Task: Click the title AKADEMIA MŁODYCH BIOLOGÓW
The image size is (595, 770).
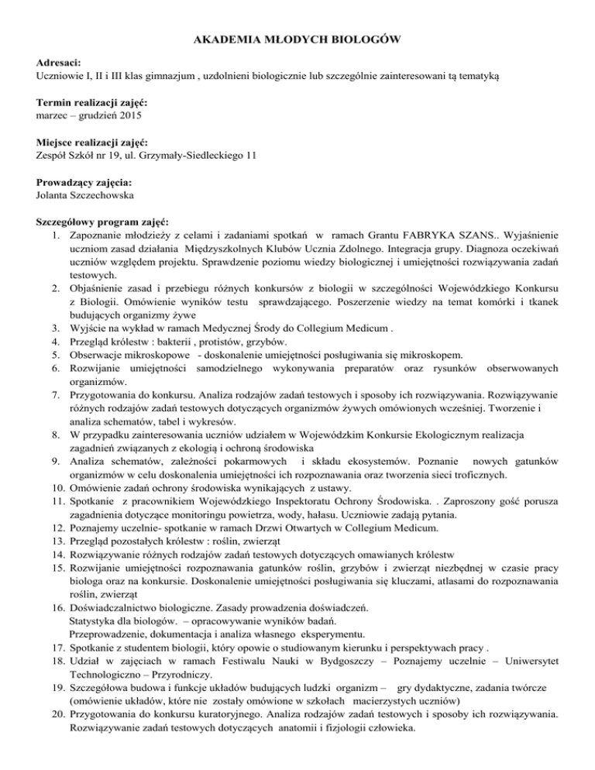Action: point(297,40)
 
